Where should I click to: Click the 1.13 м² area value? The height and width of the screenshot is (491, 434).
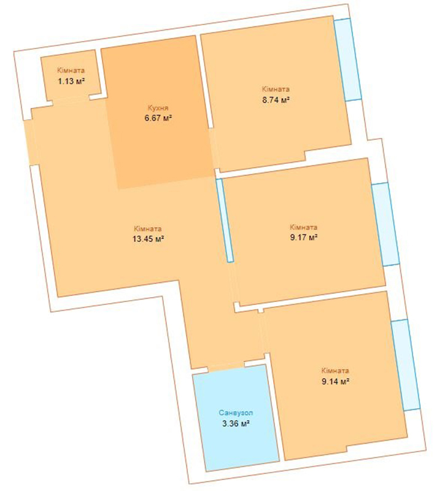[72, 82]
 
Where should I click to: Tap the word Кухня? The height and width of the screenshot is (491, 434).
[158, 108]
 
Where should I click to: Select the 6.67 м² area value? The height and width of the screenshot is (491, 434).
[158, 118]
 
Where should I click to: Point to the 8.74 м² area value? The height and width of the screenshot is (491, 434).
[276, 100]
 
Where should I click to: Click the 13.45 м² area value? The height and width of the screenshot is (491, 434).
[149, 239]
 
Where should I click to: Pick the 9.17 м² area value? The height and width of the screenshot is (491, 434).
[304, 238]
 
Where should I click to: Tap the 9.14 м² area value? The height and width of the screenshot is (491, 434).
[335, 381]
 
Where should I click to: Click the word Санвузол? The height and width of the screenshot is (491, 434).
[236, 413]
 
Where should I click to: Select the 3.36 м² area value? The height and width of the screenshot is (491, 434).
[236, 423]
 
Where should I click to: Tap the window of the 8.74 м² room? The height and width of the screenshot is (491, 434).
[347, 60]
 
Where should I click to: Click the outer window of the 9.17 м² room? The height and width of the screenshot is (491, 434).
[386, 224]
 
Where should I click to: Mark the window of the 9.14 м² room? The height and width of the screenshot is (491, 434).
[406, 365]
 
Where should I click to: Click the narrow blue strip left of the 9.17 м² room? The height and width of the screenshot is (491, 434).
[225, 220]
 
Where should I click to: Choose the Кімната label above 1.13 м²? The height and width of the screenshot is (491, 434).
[71, 71]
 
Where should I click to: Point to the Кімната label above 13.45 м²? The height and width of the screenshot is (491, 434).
[148, 228]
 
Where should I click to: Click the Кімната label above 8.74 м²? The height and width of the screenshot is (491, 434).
[276, 89]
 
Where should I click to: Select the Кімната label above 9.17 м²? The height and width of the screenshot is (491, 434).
[303, 227]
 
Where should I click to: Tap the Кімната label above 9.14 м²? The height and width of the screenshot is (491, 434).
[335, 371]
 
